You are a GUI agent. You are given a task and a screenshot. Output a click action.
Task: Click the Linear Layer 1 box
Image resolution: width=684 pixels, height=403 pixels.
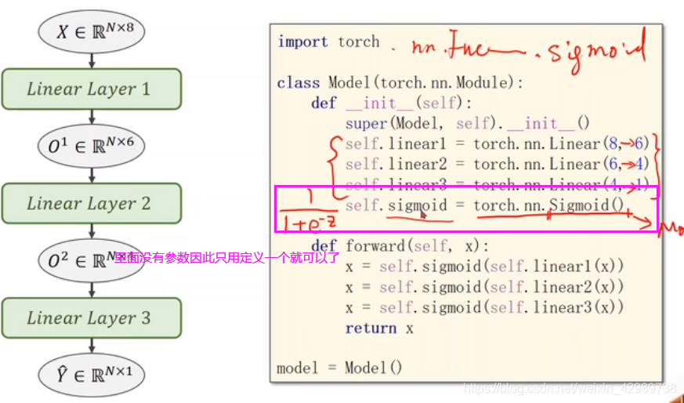point(92,89)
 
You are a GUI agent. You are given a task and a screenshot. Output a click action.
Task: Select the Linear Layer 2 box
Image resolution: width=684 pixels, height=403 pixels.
point(92,203)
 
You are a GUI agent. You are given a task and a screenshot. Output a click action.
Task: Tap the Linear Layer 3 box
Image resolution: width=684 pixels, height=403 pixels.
point(92,318)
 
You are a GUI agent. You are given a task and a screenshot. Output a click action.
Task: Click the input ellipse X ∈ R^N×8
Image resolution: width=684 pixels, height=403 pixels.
point(92,32)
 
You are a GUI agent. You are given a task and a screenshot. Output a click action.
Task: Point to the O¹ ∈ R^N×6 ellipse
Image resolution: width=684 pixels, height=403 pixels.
point(92,146)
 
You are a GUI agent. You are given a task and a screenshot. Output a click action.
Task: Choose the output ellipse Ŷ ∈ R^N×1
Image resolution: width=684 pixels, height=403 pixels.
point(92,374)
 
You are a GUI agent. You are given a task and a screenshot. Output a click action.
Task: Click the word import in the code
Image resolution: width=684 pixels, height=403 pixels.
point(302,42)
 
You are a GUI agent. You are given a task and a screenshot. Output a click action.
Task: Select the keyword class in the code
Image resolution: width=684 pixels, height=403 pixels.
point(299,83)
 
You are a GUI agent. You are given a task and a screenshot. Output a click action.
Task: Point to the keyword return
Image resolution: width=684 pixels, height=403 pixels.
point(371,329)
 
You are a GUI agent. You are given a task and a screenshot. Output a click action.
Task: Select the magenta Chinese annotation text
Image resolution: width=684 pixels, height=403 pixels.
point(227,257)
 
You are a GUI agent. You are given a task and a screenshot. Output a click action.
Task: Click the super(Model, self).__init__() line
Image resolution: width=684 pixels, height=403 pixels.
point(467,124)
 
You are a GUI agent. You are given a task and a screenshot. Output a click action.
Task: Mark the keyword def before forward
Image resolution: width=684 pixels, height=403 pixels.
point(324,245)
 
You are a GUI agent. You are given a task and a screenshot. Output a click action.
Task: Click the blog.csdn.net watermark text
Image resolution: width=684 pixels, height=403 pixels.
point(570,388)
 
